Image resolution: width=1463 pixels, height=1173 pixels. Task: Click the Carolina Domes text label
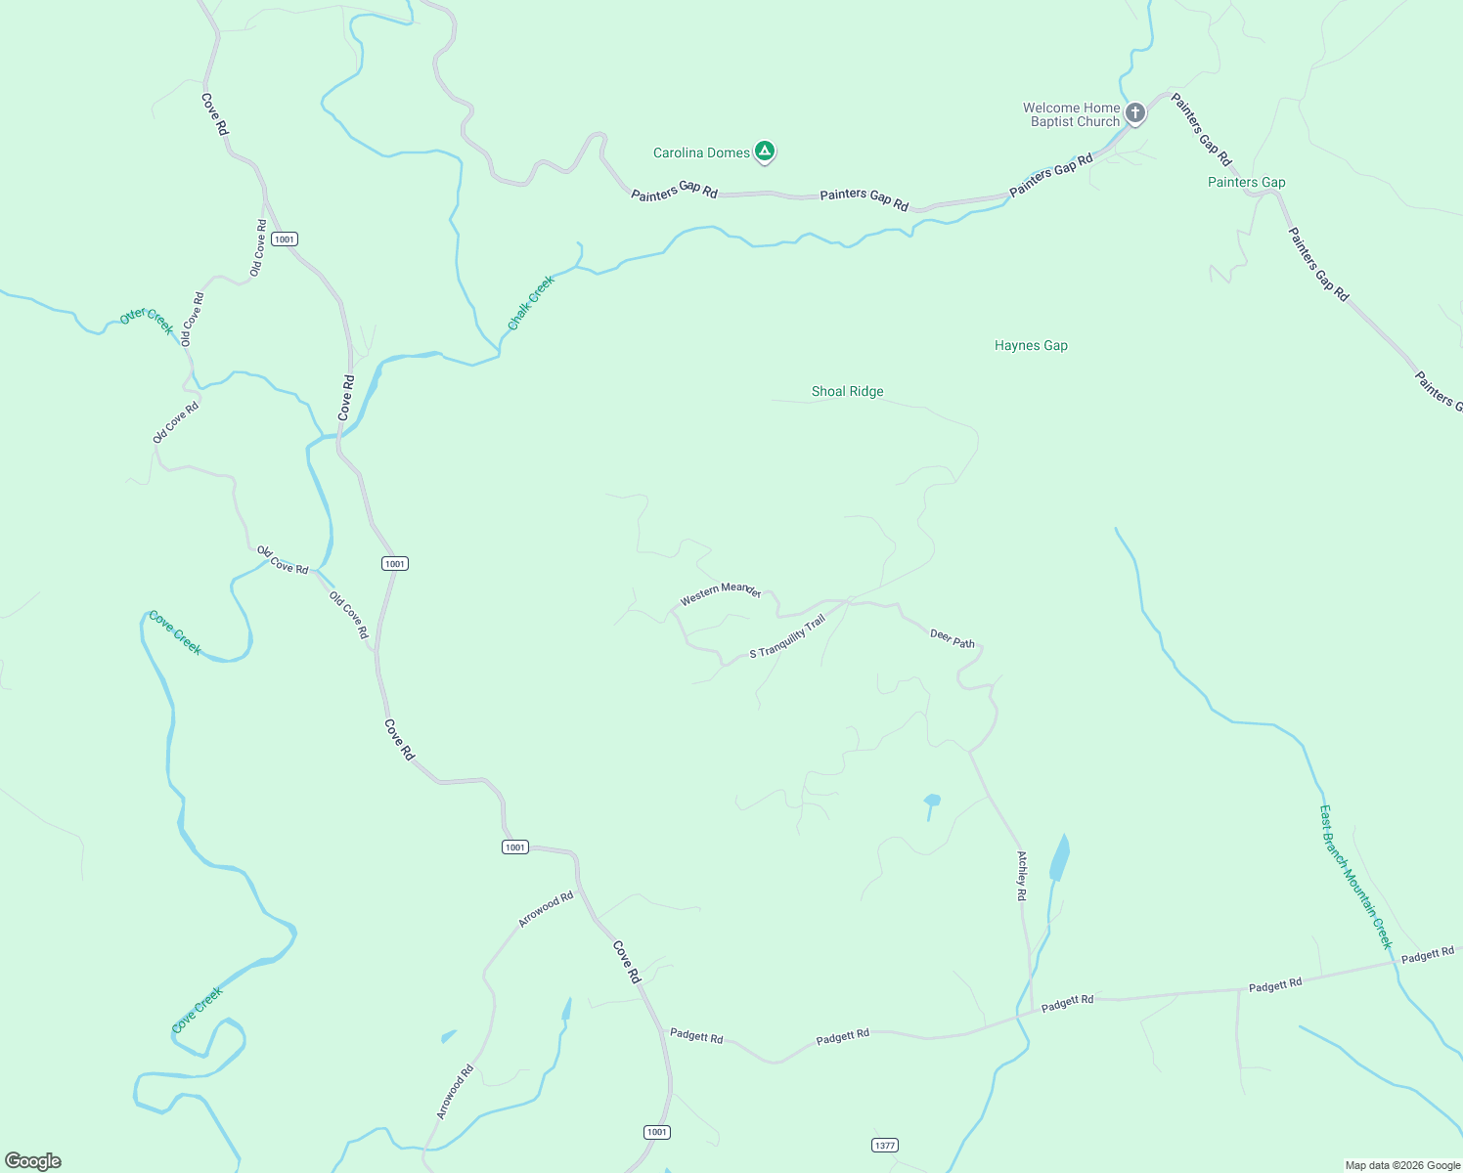coord(701,152)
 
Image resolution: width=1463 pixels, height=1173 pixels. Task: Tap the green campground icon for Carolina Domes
coord(766,152)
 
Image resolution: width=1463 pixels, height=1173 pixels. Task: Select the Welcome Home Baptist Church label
coord(1071,115)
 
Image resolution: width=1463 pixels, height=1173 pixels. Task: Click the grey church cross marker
coord(1134,113)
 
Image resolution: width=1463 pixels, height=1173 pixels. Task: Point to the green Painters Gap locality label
coord(1246,182)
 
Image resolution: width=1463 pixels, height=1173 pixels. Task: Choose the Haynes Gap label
coord(1031,345)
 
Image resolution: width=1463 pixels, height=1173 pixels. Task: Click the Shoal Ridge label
coord(847,391)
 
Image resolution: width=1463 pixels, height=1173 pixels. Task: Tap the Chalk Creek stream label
coord(531,301)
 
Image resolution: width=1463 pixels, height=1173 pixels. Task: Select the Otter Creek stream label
coord(147,320)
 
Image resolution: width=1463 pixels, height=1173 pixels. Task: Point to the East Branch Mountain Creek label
coord(1354,877)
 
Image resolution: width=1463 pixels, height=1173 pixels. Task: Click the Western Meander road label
coord(721,592)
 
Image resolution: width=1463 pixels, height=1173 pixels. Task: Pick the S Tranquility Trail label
coord(787,636)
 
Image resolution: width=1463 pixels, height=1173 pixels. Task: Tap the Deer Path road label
coord(952,639)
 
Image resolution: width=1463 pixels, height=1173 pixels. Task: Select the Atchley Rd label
coord(1022,875)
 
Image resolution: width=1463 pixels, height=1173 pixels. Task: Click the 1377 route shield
coord(884,1145)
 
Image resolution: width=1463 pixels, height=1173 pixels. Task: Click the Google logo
coord(33,1161)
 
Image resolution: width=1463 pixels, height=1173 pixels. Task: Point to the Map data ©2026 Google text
coord(1402,1165)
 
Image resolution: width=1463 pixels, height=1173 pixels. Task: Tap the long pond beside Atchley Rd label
coord(1059,858)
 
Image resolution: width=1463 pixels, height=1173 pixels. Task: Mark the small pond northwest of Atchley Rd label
coord(931,801)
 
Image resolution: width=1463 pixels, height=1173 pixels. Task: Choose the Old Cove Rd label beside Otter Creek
coord(192,319)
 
